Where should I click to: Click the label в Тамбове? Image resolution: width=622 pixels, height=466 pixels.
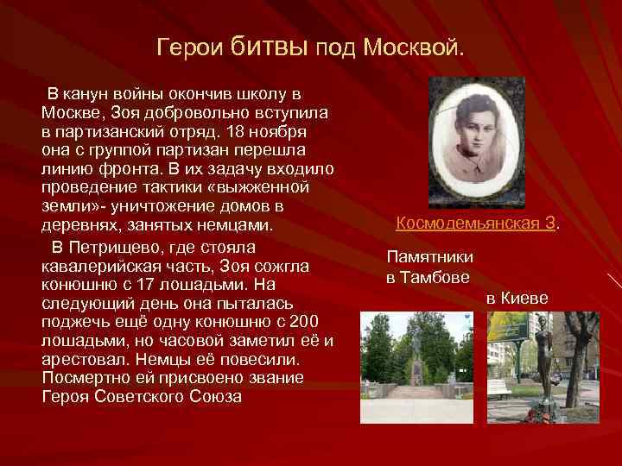coord(428,278)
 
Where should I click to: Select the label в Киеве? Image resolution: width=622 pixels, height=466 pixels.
coord(517,298)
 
